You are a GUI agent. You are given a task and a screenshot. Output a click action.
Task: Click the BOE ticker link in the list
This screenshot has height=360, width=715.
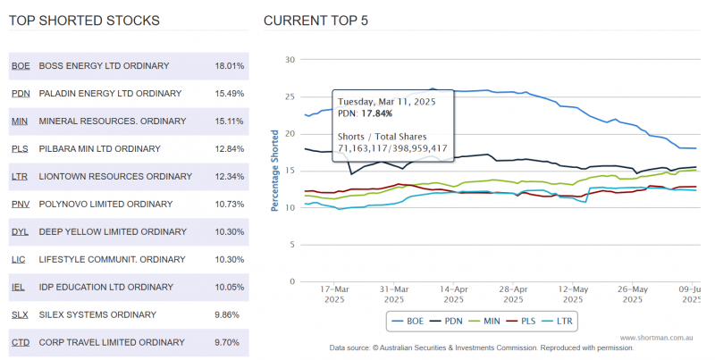coord(20,66)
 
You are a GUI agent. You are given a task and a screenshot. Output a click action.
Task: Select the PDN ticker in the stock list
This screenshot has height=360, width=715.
coord(20,93)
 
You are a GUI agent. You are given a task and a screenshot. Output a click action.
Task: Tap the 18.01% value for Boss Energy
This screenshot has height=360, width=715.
coord(230,66)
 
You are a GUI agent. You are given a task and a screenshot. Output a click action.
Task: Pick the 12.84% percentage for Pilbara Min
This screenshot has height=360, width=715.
coord(230,148)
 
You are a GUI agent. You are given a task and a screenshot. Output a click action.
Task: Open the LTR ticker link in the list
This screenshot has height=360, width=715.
coord(20,176)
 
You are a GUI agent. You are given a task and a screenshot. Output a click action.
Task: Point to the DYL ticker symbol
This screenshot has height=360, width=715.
coord(20,231)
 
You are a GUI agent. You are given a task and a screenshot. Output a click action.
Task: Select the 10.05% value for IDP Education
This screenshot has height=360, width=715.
coord(230,287)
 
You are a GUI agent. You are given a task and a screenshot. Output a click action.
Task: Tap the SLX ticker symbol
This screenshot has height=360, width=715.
coord(20,314)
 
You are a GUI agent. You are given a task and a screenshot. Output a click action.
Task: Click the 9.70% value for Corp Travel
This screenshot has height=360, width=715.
coord(228,342)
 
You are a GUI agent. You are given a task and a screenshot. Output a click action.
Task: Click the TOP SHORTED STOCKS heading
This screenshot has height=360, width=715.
coord(84,20)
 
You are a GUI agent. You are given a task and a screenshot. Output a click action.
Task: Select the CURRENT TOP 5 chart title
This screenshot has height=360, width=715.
coord(315,20)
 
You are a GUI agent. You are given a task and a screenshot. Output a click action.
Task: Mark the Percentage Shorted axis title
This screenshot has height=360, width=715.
coord(275,171)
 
